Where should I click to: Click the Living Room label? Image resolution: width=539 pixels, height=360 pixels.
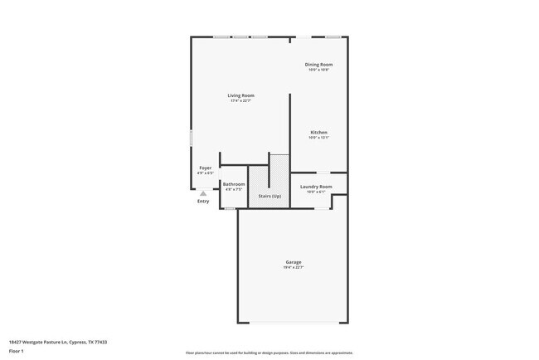(x=240, y=95)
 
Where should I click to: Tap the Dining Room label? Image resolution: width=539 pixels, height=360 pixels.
(x=318, y=64)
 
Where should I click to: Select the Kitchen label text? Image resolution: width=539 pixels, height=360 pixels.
(x=318, y=132)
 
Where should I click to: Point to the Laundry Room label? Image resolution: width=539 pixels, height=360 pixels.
(x=316, y=187)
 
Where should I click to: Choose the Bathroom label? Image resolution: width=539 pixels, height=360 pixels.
(x=233, y=184)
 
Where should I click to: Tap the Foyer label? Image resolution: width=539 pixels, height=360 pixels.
(x=205, y=168)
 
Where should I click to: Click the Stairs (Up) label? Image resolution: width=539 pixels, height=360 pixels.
(x=269, y=196)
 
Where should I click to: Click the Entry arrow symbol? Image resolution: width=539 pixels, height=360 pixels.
(x=203, y=193)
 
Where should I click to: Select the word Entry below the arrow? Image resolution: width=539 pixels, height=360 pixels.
(x=203, y=201)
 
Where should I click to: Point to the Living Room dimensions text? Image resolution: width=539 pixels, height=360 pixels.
(x=240, y=101)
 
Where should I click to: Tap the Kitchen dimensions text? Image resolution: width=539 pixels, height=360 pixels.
(x=318, y=138)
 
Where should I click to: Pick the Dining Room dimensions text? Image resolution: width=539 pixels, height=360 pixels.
(x=318, y=70)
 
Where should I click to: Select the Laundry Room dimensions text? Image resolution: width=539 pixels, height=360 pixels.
(x=316, y=192)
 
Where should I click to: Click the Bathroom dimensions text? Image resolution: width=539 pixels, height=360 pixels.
(x=233, y=190)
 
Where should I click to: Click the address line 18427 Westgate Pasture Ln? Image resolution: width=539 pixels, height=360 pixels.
(x=58, y=342)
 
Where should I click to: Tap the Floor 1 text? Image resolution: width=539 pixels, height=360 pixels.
(x=17, y=351)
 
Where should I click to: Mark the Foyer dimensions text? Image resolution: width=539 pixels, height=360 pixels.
(x=205, y=173)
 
